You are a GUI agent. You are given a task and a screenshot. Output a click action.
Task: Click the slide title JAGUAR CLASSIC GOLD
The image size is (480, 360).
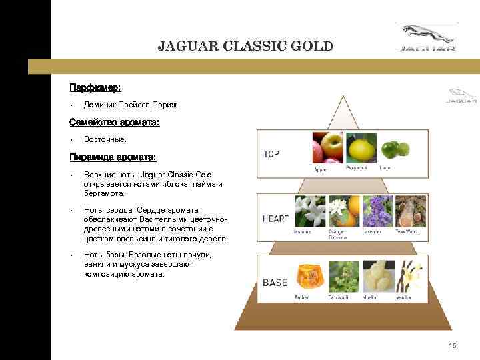[245, 47]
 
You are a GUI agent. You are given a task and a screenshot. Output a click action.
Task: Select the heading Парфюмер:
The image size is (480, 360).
[95, 87]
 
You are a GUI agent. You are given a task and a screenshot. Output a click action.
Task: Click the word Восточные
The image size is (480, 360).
[105, 140]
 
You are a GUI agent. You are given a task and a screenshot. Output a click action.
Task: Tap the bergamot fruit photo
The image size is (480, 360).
[359, 148]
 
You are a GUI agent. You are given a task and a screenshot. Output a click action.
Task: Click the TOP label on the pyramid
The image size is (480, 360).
[272, 154]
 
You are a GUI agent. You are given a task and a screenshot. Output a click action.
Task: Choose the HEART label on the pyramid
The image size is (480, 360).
[275, 219]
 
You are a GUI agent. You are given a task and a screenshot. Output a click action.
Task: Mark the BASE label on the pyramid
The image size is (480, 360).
[275, 283]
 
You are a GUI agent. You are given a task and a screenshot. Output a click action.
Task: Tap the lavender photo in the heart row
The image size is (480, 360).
[378, 210]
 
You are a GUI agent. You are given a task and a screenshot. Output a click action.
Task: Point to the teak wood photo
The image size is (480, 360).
[409, 210]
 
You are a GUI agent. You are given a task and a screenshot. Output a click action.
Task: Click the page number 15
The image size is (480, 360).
[453, 345]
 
